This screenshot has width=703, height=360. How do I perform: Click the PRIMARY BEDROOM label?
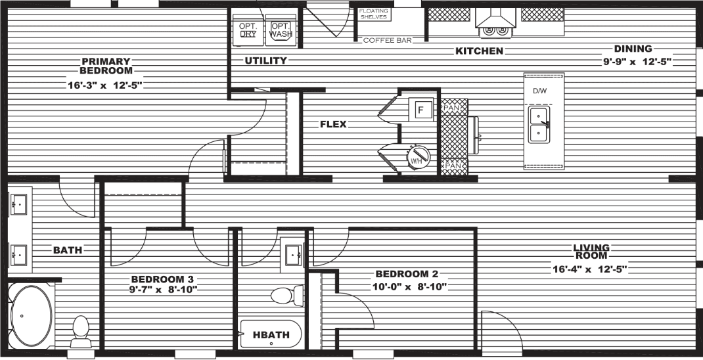tap(106, 66)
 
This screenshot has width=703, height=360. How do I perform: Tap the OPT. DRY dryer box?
tap(248, 30)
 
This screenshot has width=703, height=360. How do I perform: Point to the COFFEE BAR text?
tap(388, 41)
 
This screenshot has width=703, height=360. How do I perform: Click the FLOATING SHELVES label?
tap(374, 14)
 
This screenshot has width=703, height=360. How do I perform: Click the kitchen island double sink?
tap(540, 125)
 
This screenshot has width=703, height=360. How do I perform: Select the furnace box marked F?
tap(420, 109)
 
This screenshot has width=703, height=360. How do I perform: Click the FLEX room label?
tap(333, 124)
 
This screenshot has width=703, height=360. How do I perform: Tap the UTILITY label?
tap(265, 61)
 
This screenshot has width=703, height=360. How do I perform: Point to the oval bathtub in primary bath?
tap(30, 315)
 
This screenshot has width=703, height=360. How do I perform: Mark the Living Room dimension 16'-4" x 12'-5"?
tap(591, 268)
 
